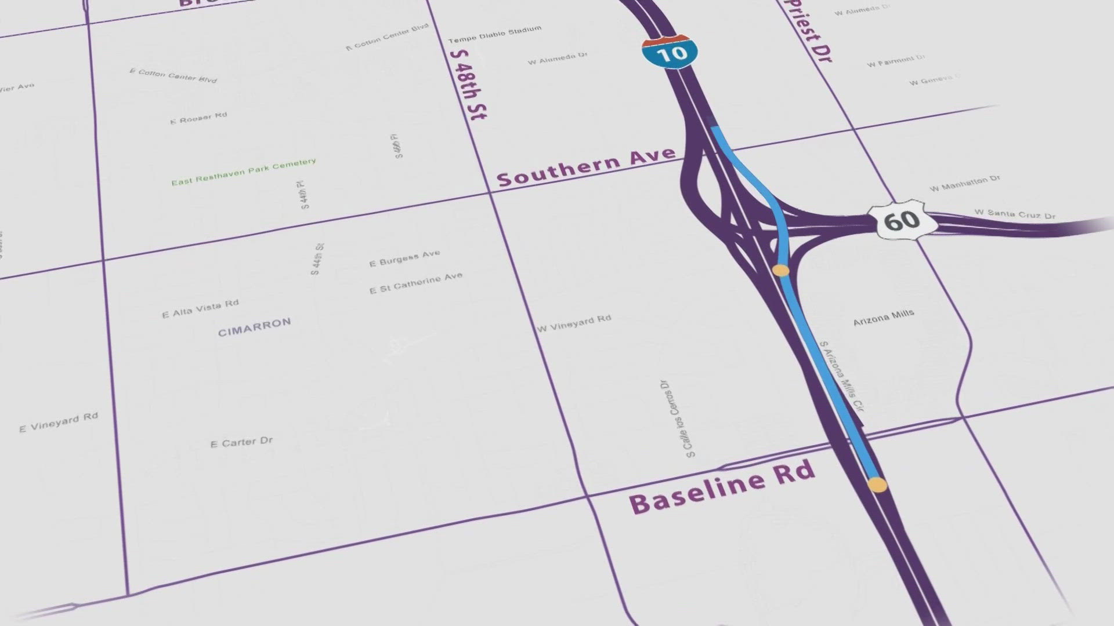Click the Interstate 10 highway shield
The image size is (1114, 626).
tap(670, 52)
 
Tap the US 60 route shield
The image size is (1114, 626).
tap(902, 220)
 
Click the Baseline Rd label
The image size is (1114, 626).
tap(722, 487)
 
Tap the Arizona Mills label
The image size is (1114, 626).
tap(883, 317)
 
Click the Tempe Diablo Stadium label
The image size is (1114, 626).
tap(494, 34)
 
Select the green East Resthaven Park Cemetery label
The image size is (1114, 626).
tap(243, 172)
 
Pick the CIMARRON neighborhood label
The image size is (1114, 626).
tap(254, 327)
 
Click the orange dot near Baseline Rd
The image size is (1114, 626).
tap(877, 485)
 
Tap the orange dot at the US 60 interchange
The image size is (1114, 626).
tap(781, 270)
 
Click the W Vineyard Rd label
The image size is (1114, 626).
tap(573, 323)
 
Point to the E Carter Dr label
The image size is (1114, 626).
tap(241, 442)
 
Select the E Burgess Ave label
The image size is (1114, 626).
tap(404, 259)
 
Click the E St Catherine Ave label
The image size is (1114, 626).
tap(415, 283)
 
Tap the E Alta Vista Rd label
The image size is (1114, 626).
tap(200, 308)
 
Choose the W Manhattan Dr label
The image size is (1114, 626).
tap(964, 183)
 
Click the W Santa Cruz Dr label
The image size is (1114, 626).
tap(1014, 214)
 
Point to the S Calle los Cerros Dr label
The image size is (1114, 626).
tap(677, 418)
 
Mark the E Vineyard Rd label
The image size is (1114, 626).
tap(59, 423)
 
